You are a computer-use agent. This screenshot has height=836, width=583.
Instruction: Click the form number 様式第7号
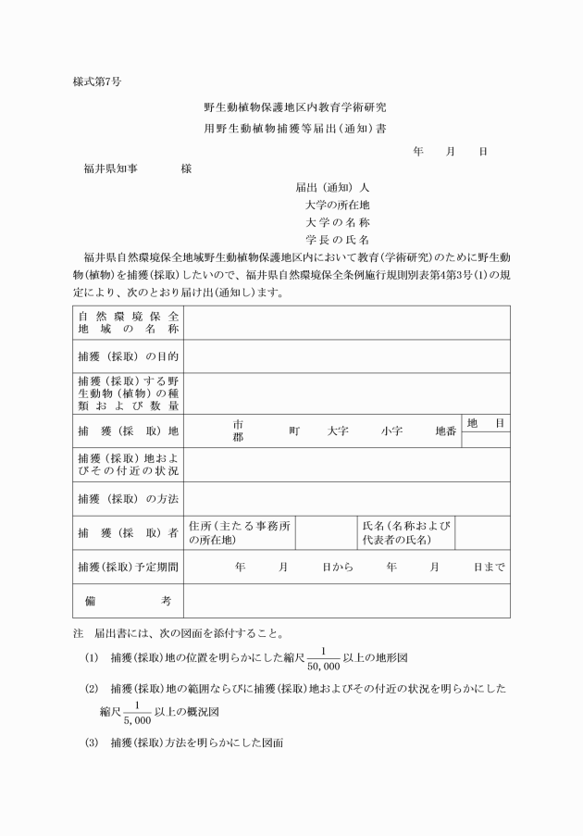tap(97, 81)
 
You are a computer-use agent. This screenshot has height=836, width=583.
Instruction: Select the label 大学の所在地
tap(338, 205)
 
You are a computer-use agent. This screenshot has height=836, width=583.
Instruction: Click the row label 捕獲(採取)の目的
tap(129, 356)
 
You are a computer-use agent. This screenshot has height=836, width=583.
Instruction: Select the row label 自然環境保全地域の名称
tap(129, 322)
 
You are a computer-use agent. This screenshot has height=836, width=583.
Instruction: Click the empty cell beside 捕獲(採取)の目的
tap(346, 356)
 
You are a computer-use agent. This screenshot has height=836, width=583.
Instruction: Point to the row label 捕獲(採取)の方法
tap(129, 499)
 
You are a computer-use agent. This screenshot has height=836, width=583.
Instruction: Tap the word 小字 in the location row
tap(391, 431)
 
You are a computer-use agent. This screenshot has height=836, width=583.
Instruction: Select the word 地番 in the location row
tap(446, 431)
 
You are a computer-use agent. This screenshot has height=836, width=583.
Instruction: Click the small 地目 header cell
tap(486, 423)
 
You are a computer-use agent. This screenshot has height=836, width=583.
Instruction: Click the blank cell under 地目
tap(486, 440)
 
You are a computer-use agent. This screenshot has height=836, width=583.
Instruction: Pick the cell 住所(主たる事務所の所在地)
tap(240, 532)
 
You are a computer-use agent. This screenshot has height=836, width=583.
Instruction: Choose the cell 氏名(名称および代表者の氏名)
tap(407, 532)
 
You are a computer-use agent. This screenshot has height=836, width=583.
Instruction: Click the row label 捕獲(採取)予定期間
tap(129, 567)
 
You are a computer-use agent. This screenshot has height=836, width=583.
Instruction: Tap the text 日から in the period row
tap(338, 567)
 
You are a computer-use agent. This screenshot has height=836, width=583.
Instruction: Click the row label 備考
tap(129, 601)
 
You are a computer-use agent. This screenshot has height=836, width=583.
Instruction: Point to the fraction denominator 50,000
tap(324, 665)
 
